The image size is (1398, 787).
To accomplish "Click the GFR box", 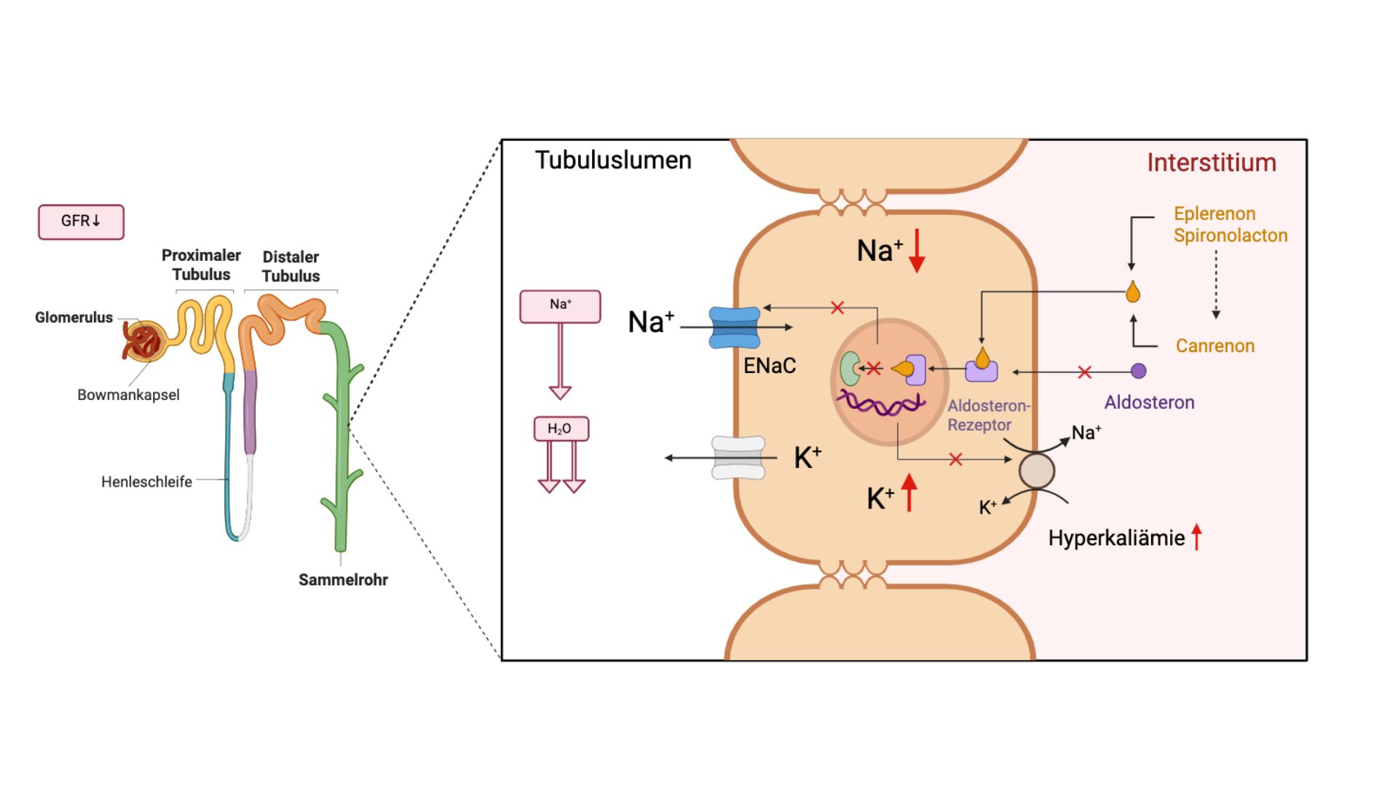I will [x=81, y=222].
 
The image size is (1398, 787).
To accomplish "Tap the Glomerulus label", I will [x=74, y=318].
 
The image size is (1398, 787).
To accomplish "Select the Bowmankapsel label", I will [x=128, y=395].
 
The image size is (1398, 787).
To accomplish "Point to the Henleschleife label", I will [x=146, y=482].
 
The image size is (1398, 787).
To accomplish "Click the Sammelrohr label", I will [x=343, y=580].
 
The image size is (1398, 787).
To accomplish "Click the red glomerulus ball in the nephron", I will [x=143, y=341].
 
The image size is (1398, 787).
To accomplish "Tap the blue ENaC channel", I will [x=735, y=327].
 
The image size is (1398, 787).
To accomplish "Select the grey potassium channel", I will [x=738, y=458].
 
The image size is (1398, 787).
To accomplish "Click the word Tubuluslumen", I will [x=613, y=160].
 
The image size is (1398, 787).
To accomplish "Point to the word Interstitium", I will [x=1212, y=163].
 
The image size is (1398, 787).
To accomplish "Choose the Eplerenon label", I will [x=1215, y=214].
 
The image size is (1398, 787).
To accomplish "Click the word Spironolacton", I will [x=1231, y=235].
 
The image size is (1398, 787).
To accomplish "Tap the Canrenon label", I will [x=1215, y=346].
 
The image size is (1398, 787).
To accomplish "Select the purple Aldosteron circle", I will [x=1139, y=372].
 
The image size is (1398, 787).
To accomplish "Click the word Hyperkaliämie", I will [x=1116, y=539].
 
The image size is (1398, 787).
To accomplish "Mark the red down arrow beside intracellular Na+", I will [x=917, y=251].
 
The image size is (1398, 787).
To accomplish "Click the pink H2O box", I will [x=561, y=428].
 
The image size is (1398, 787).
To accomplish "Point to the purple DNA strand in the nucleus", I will [x=881, y=403].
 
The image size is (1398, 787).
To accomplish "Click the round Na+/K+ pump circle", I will [x=1036, y=471].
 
